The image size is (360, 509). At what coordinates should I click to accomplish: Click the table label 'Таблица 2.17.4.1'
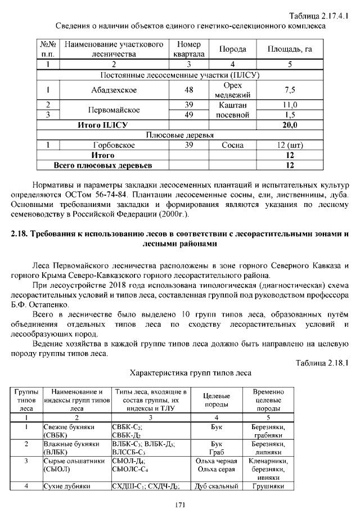pos(318,15)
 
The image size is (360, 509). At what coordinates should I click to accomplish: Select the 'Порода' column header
pos(232,49)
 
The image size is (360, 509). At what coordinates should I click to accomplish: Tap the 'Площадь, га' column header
pos(290,49)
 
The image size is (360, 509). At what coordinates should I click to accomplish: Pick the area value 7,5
pos(290,89)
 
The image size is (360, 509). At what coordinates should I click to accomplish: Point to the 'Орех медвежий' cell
pos(232,89)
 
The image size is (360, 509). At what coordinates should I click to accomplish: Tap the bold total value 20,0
pos(290,125)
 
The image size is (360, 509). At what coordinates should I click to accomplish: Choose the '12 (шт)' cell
pos(290,145)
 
